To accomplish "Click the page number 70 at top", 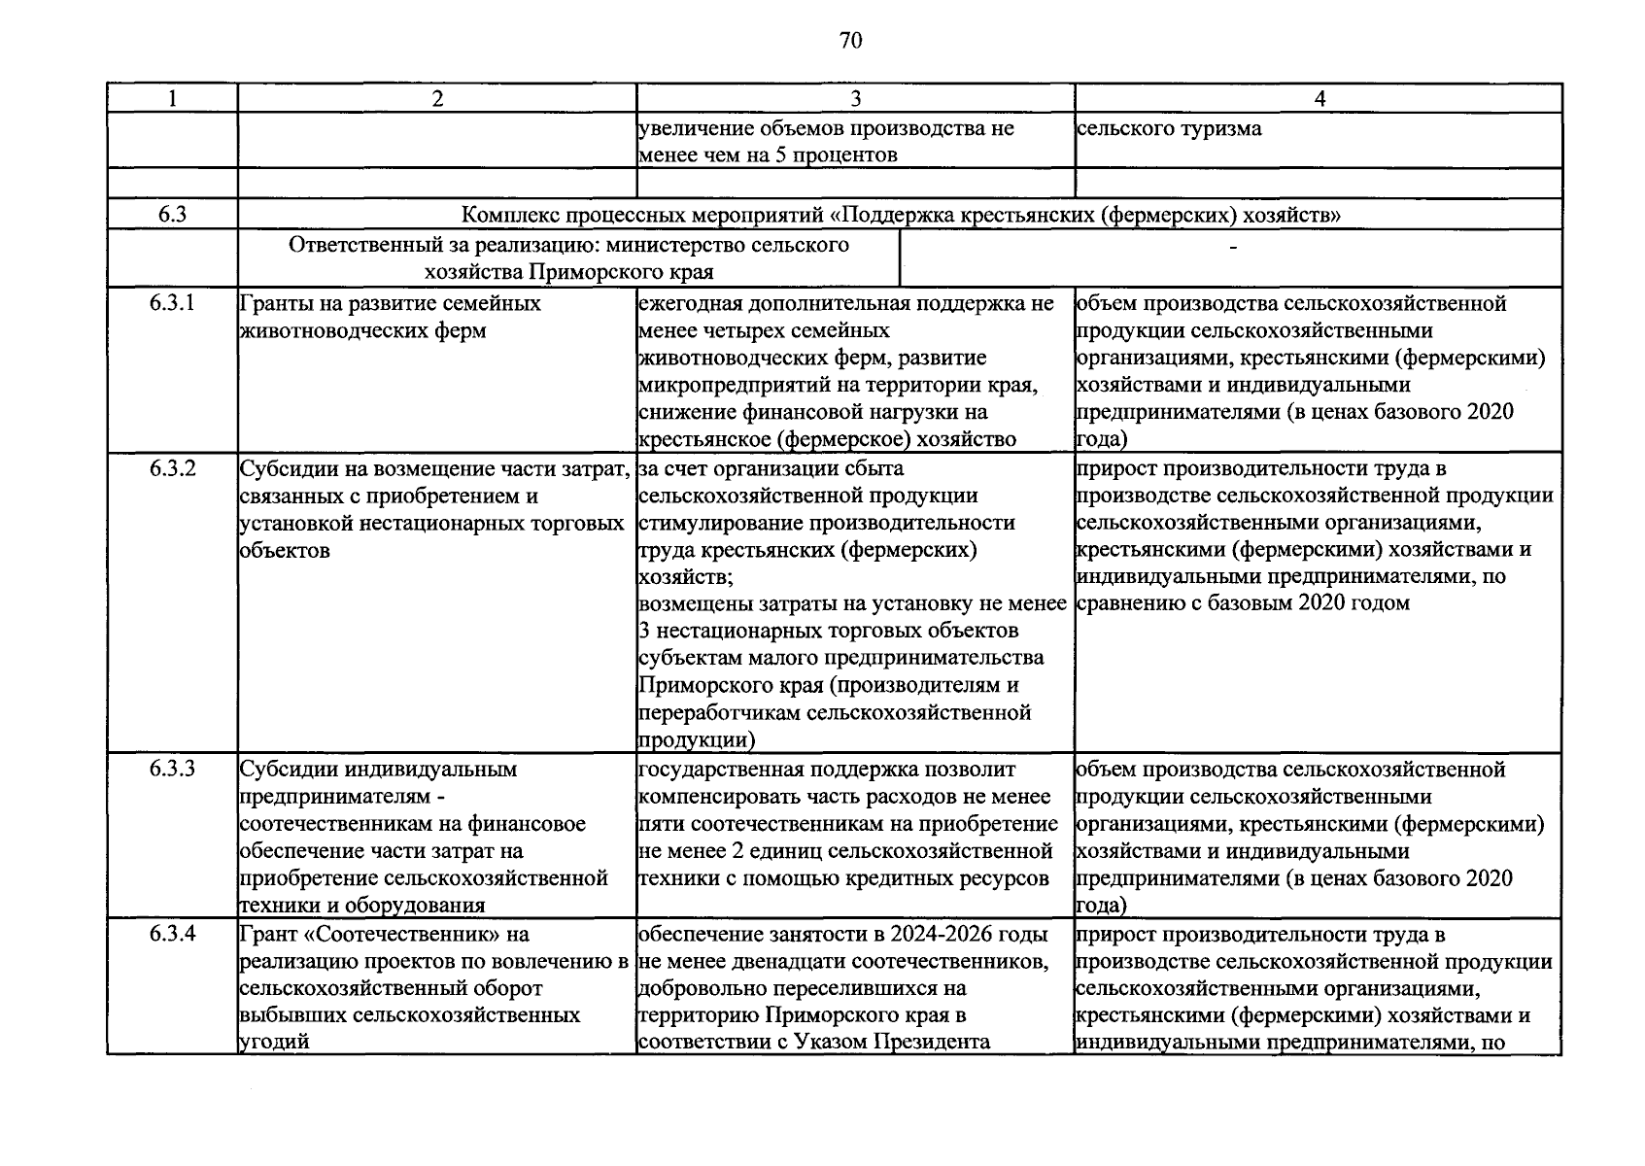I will point(849,41).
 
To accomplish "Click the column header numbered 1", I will point(172,98).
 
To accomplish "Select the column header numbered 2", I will point(437,98).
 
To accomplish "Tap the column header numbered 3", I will point(855,98).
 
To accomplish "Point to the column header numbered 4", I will point(1319,98).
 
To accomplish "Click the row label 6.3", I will point(172,215).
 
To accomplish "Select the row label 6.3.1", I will point(172,303).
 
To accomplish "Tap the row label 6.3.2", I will point(172,468).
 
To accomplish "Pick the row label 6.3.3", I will point(172,770).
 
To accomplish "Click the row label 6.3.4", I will point(172,935).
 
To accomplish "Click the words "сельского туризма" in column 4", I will point(1170,128).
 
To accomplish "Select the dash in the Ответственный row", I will point(1234,249).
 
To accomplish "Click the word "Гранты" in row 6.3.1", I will point(271,303).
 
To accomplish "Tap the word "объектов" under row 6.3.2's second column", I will point(284,550).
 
